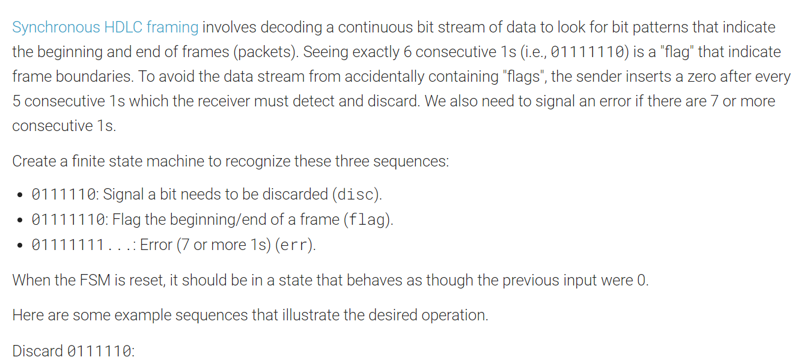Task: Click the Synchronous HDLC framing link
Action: click(105, 27)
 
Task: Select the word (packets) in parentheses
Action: click(264, 52)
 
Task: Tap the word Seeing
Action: click(325, 52)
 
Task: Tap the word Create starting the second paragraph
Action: click(32, 161)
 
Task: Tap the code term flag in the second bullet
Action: click(367, 220)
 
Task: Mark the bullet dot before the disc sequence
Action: click(20, 195)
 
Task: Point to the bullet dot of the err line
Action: click(20, 246)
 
